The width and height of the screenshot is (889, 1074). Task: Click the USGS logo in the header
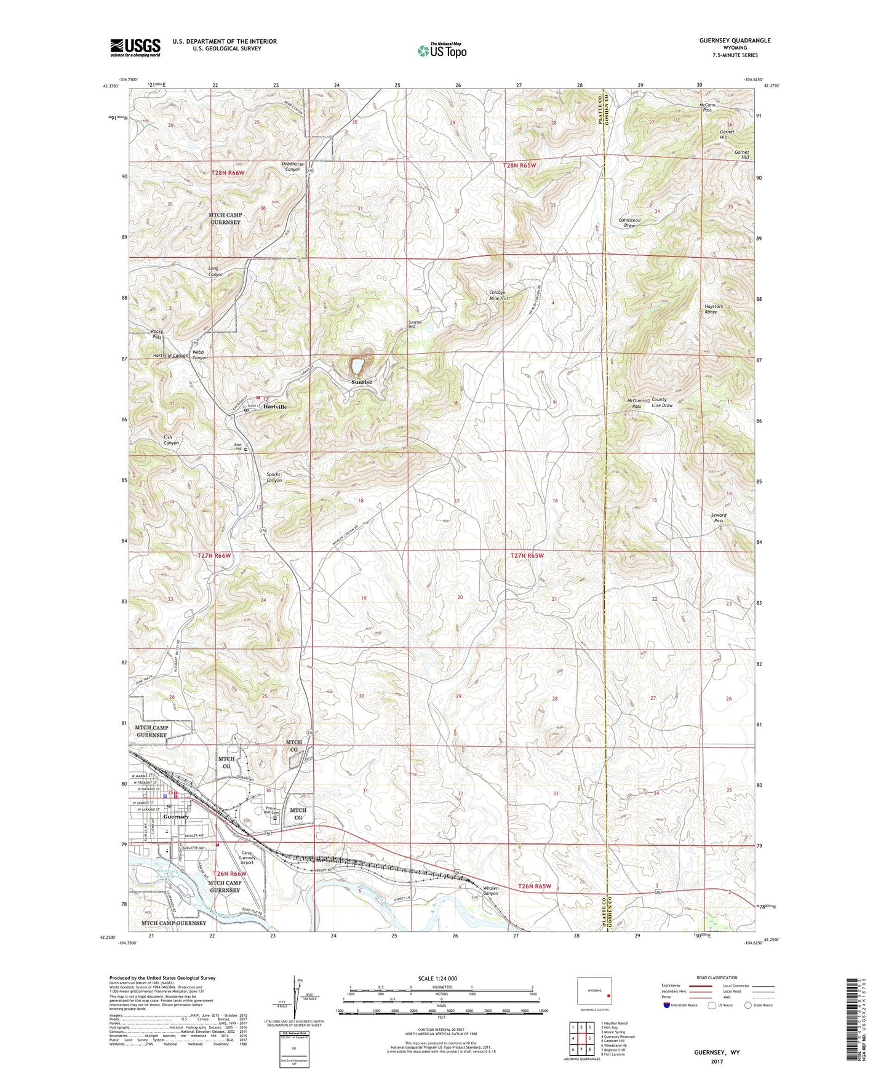click(135, 47)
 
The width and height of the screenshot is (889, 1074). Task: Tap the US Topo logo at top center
click(442, 50)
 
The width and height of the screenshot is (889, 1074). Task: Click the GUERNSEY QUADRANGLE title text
click(735, 41)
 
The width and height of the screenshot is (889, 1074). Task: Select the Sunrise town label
click(362, 382)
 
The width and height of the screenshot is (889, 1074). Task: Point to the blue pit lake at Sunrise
click(357, 367)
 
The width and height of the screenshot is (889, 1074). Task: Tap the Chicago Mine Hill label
click(498, 295)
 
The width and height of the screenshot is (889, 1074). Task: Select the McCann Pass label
click(708, 108)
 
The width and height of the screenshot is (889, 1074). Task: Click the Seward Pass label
click(718, 517)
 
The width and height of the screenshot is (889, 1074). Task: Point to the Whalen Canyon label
click(490, 891)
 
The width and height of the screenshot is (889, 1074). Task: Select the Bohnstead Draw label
click(629, 223)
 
